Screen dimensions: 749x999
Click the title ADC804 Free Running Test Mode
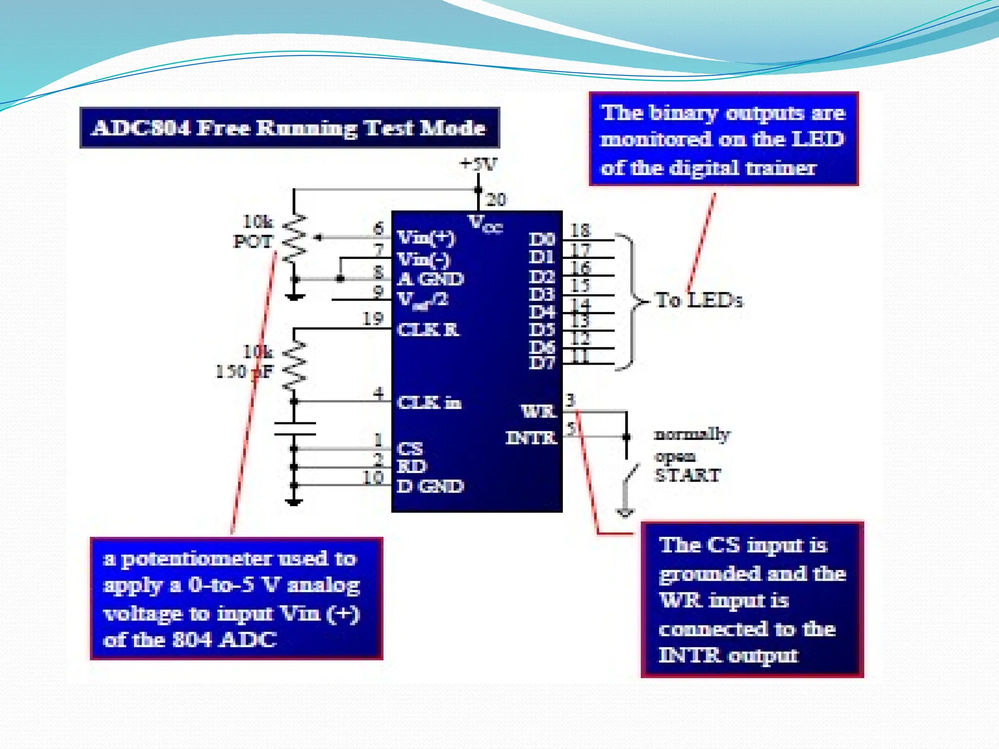coord(289,128)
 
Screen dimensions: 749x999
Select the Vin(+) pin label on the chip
coord(426,238)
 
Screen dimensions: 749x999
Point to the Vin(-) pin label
coord(423,259)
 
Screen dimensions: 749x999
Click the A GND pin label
coord(430,279)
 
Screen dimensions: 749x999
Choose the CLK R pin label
coord(427,330)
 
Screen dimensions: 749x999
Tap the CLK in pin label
coord(429,403)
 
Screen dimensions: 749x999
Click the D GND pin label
coord(429,486)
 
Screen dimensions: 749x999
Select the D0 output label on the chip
coord(541,239)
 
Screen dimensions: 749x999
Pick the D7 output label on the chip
coord(541,363)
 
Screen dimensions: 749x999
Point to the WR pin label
coord(538,412)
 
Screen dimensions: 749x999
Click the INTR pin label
coord(531,438)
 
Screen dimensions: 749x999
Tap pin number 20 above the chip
coord(496,199)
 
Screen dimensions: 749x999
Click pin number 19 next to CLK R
coord(373,319)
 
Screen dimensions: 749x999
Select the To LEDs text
coord(699,300)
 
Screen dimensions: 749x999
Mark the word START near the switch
coord(687,475)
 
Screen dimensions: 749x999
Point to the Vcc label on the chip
coord(485,224)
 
